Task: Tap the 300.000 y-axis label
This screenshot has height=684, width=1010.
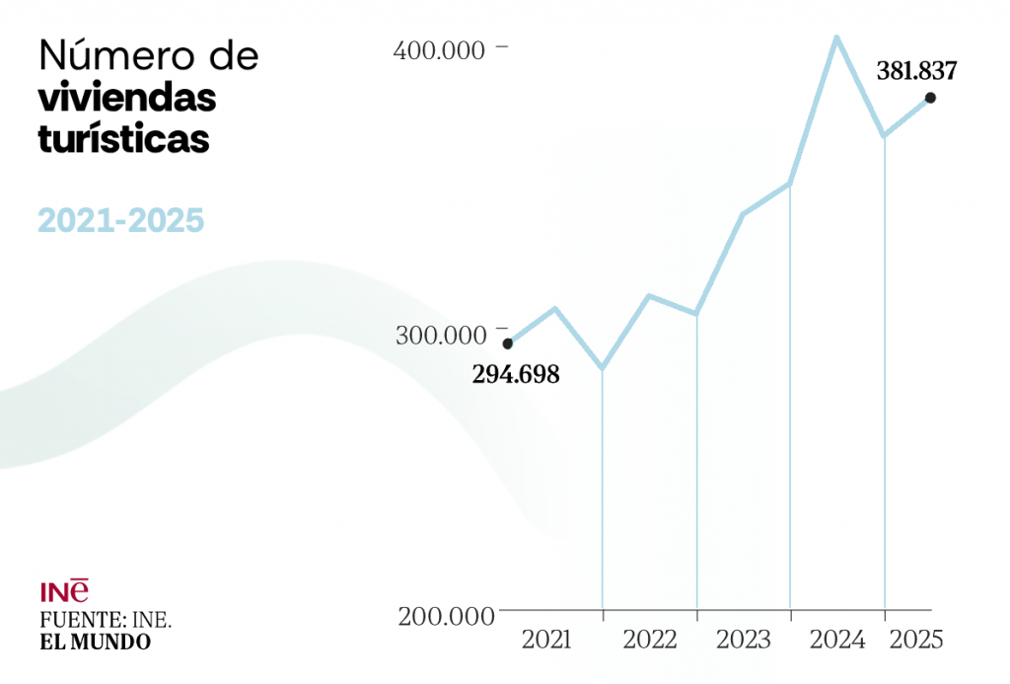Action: [x=441, y=336]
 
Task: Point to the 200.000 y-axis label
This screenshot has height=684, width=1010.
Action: [x=445, y=617]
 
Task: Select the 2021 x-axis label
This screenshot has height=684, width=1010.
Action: [x=546, y=641]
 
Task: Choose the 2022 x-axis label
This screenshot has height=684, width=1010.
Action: [x=650, y=641]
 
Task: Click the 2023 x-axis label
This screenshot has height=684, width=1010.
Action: [x=744, y=641]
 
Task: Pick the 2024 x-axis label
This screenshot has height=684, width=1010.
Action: [x=837, y=641]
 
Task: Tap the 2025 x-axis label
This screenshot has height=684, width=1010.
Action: [x=916, y=641]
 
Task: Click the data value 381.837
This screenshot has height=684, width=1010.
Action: [x=916, y=71]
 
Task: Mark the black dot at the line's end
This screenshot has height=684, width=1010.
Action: [x=930, y=98]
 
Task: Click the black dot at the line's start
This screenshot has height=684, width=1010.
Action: [x=508, y=343]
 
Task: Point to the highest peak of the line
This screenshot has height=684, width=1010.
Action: [x=836, y=38]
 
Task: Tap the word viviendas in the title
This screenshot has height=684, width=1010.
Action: [x=127, y=99]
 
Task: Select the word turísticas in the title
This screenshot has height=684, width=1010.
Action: [x=124, y=140]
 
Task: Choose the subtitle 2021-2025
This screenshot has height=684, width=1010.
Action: [x=121, y=220]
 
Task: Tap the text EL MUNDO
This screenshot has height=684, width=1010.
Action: [x=96, y=643]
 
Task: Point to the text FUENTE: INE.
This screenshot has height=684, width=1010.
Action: [x=106, y=621]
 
